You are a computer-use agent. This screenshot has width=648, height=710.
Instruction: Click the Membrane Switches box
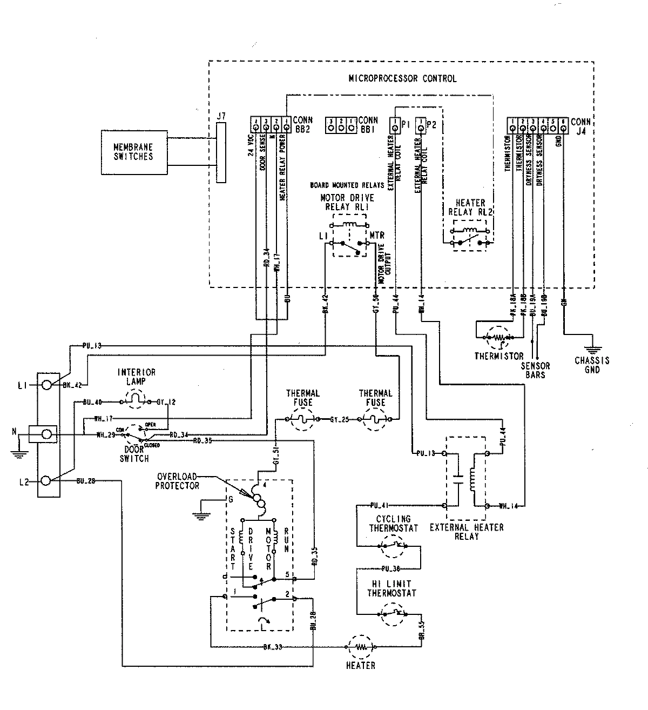pos(133,152)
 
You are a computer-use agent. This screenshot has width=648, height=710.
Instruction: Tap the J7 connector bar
pos(220,153)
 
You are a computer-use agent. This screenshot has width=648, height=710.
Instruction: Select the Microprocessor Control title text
pos(402,78)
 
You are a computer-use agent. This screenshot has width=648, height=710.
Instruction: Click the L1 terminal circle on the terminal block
pos(47,385)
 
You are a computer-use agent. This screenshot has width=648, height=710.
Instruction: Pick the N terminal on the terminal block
pos(47,434)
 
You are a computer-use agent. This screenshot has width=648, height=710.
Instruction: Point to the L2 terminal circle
pos(47,480)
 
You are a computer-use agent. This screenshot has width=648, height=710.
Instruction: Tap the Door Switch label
pos(134,454)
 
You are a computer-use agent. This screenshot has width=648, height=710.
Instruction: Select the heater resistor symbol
pos(360,646)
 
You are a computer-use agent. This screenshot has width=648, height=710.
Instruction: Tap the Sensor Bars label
pos(536,370)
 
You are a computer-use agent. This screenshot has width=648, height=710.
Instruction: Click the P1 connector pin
pos(395,126)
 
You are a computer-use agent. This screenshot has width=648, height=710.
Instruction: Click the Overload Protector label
pos(178,481)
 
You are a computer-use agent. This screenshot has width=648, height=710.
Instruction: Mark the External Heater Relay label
pos(466,532)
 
